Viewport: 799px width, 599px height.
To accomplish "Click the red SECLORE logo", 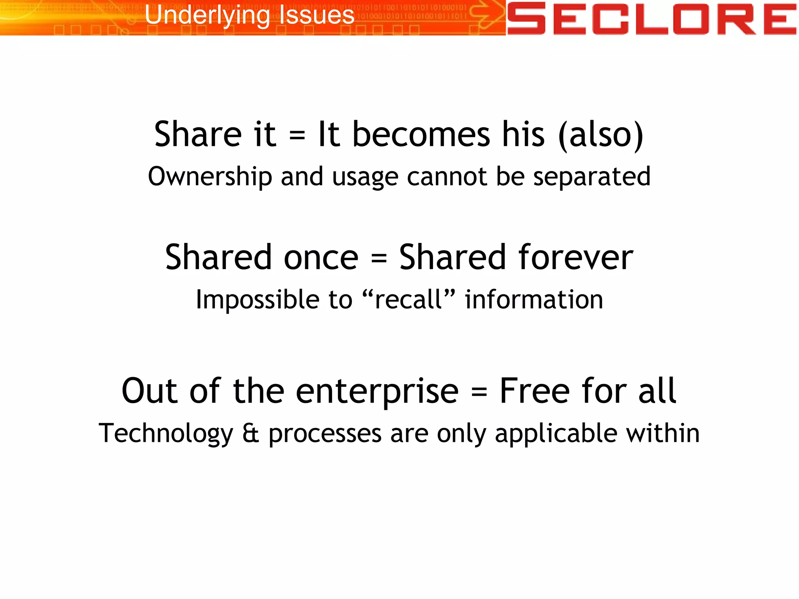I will pos(652,18).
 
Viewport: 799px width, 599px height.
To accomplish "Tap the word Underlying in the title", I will pos(207,16).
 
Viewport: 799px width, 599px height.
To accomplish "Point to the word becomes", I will pos(421,134).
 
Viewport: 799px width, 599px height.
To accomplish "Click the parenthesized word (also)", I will pos(601,135).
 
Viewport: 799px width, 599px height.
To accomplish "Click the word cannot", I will pos(447,177).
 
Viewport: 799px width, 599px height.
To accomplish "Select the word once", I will pos(321,258).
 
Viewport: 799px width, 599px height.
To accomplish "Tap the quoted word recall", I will pos(408,299).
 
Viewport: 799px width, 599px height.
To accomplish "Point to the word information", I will pos(534,299).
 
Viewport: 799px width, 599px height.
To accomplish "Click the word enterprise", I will pos(377,391).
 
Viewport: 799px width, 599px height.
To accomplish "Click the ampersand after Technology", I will pos(250,433).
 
